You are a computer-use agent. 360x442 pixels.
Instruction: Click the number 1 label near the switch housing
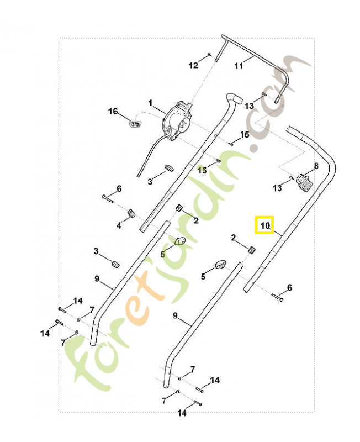pos(150,103)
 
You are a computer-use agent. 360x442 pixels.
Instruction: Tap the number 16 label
pos(113,112)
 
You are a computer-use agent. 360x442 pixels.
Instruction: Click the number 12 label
pos(193,65)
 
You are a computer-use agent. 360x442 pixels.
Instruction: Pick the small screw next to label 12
pos(209,54)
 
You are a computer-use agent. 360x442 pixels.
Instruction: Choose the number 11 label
pos(239,66)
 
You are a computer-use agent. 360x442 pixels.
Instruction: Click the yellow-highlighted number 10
pos(264,225)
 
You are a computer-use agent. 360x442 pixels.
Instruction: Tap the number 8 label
pos(316,165)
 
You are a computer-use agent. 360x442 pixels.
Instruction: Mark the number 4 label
pos(119,225)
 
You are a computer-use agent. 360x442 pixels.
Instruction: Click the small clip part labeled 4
pos(131,213)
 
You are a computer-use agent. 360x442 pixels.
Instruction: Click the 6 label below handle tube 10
pos(289,288)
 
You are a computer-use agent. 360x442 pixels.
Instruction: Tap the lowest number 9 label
pos(175,316)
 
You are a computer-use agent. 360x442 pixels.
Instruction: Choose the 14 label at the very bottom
pos(182,413)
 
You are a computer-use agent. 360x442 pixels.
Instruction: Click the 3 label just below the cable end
pos(150,181)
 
